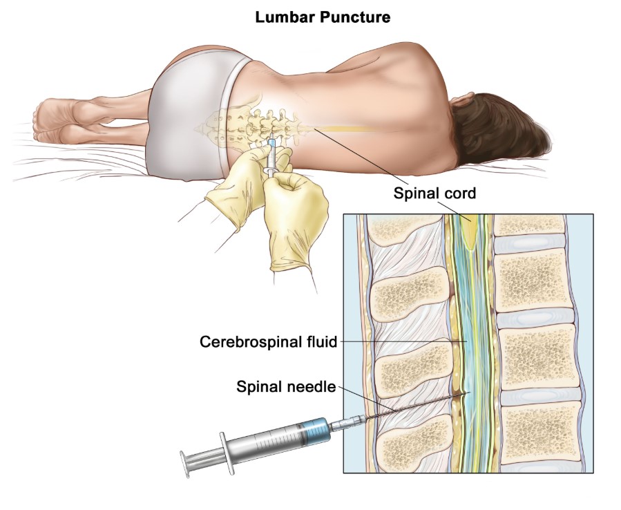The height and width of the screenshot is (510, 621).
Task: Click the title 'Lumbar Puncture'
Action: pyautogui.click(x=323, y=17)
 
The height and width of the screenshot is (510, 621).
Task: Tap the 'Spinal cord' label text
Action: pyautogui.click(x=434, y=193)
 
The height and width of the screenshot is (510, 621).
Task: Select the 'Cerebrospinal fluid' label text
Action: pyautogui.click(x=268, y=341)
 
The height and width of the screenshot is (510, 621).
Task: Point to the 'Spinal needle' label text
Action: pyautogui.click(x=286, y=386)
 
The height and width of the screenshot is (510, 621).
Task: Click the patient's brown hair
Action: pyautogui.click(x=499, y=126)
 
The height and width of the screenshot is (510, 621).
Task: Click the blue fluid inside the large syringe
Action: pyautogui.click(x=315, y=431)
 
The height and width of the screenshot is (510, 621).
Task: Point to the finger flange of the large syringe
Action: pyautogui.click(x=226, y=452)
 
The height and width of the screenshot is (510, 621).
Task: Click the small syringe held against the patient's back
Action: pyautogui.click(x=271, y=157)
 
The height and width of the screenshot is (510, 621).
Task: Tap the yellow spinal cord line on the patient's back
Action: pyautogui.click(x=345, y=129)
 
